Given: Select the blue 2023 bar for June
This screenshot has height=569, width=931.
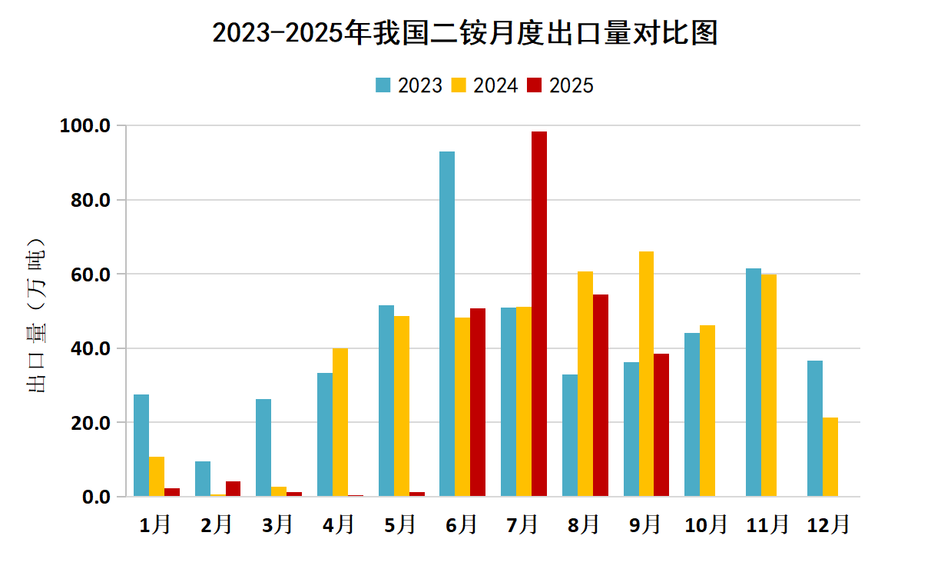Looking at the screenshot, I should (x=447, y=324).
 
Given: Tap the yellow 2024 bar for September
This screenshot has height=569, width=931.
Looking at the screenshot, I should (x=646, y=374).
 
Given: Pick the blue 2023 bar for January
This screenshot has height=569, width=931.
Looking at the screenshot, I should (x=141, y=445).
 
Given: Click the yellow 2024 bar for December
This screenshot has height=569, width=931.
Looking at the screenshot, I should (x=830, y=457).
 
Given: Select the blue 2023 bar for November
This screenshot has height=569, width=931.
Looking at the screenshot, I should (x=754, y=382).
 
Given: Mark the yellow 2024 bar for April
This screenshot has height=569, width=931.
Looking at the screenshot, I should (x=340, y=422).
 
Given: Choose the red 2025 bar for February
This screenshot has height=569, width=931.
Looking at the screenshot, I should (x=233, y=489).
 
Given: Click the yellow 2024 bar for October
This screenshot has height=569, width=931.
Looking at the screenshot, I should (x=707, y=411).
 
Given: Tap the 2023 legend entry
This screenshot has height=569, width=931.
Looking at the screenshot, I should (x=409, y=85).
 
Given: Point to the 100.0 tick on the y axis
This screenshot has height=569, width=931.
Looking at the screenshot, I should (x=85, y=125).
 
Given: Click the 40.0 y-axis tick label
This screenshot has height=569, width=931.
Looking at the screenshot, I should (x=89, y=348).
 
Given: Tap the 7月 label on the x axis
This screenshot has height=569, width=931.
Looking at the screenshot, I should (x=523, y=524).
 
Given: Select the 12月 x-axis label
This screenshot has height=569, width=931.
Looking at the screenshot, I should (x=829, y=524).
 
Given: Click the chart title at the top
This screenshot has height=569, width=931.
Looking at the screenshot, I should (x=465, y=33).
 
